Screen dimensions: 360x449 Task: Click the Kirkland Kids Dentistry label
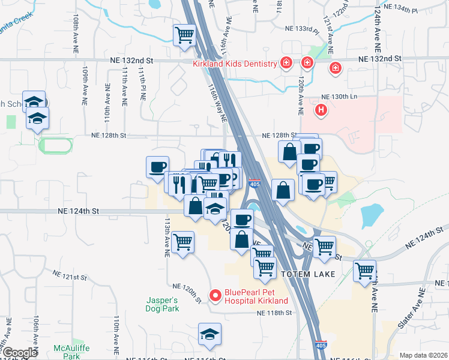pos(235,64)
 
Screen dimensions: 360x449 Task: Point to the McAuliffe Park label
pos(67,352)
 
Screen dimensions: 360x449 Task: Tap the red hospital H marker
pos(322,110)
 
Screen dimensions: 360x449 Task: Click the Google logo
pos(20,353)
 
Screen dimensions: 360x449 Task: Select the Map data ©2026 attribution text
pos(423,355)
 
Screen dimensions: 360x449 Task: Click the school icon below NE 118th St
pos(209,334)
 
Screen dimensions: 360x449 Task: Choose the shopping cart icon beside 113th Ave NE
pos(182,242)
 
